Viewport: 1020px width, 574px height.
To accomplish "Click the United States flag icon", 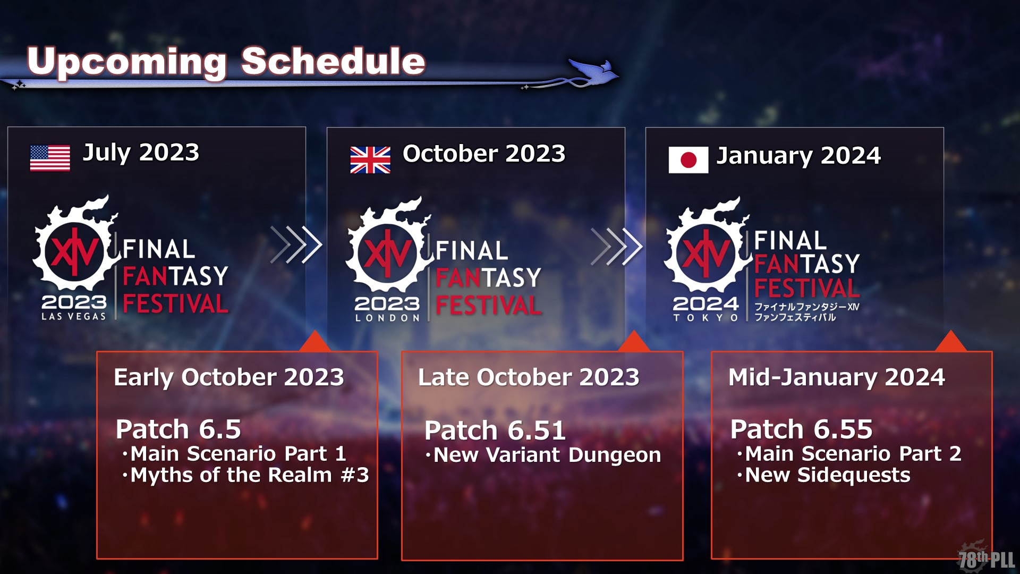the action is click(x=50, y=158).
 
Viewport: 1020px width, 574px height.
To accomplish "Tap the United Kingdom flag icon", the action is click(x=370, y=160).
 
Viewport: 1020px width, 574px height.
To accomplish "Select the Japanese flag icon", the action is click(x=688, y=160).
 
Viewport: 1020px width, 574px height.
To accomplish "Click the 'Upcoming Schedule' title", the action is click(x=226, y=62).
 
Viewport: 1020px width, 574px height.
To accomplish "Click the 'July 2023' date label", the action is click(x=141, y=153).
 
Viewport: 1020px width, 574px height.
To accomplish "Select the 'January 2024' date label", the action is click(x=799, y=156).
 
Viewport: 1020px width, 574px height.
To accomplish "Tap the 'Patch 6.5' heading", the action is click(x=178, y=429).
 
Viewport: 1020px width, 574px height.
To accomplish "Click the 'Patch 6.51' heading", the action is click(x=495, y=430).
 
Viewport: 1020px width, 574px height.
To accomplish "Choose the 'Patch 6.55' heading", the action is click(x=802, y=429).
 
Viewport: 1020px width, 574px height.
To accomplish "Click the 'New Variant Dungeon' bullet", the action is click(x=543, y=455).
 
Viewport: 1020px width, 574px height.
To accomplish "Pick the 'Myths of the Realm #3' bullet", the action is click(x=245, y=475).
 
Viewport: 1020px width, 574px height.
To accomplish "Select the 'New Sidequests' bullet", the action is click(x=824, y=475).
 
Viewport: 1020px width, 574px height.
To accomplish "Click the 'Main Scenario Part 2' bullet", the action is click(x=849, y=454).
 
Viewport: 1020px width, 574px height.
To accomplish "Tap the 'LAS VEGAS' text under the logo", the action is click(x=74, y=316).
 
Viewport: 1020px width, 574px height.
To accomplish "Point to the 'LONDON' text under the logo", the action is click(x=387, y=318).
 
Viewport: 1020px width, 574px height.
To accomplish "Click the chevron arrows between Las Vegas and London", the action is click(x=296, y=245).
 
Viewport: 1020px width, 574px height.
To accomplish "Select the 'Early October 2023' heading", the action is click(x=229, y=377).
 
